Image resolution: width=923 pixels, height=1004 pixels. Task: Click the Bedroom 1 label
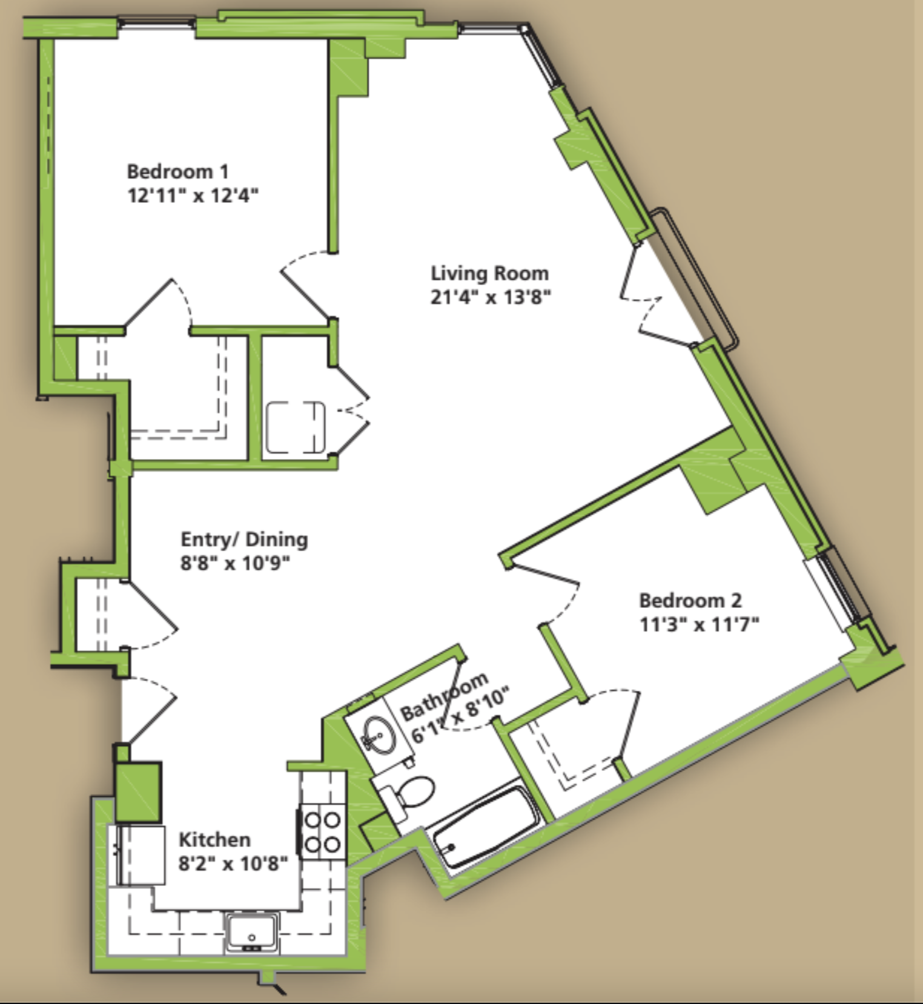(x=177, y=171)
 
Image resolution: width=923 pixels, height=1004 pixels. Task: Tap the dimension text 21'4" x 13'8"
(x=491, y=297)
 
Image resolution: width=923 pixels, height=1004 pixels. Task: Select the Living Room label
(x=489, y=274)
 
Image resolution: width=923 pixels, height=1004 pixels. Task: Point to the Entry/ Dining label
(x=244, y=540)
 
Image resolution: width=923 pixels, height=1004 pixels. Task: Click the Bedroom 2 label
(x=690, y=600)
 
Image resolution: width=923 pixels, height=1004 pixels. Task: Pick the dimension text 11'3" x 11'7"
(x=700, y=624)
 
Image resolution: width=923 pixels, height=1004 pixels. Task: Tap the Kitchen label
(x=214, y=839)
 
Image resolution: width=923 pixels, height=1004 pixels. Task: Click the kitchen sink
(x=252, y=931)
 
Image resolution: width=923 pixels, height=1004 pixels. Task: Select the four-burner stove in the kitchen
(x=322, y=833)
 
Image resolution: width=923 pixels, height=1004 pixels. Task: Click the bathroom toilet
(x=406, y=797)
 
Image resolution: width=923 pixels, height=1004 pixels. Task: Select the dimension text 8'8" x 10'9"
(x=235, y=563)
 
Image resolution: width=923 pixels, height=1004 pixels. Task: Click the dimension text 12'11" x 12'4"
(x=193, y=196)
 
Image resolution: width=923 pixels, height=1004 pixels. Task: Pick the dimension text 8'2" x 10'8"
(x=233, y=863)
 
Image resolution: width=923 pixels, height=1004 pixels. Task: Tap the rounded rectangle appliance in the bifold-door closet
(x=296, y=427)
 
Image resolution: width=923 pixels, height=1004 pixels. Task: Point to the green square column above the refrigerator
(x=138, y=791)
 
